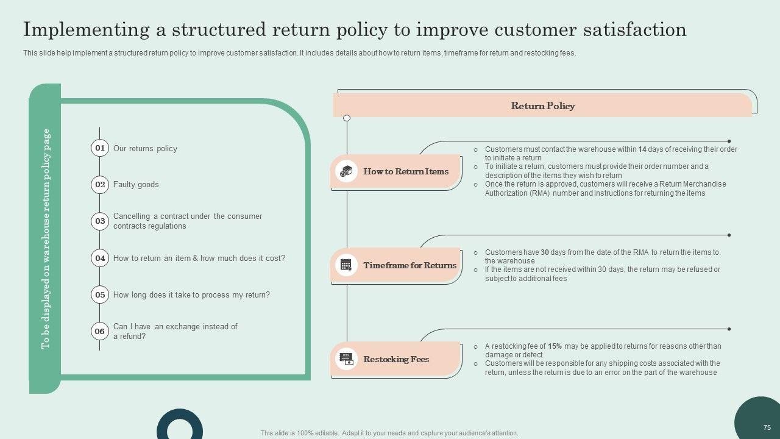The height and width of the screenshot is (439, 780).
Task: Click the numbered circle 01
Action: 100,148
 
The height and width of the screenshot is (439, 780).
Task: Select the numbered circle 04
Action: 100,258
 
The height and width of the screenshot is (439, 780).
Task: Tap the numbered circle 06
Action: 100,331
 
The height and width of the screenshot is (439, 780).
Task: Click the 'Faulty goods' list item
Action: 136,185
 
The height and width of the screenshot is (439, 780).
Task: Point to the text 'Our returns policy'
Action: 145,148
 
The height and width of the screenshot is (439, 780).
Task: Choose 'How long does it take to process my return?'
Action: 191,295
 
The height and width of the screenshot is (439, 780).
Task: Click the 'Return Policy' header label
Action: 542,106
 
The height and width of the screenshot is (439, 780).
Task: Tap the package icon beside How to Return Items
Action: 346,171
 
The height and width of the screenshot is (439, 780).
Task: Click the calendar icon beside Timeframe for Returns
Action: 346,265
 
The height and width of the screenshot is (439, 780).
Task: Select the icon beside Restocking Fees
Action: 346,359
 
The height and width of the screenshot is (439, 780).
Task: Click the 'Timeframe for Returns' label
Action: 409,265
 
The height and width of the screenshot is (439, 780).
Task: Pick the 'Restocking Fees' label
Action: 396,359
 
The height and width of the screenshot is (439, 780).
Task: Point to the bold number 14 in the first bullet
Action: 642,149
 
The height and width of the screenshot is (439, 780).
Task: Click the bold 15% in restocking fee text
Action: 555,346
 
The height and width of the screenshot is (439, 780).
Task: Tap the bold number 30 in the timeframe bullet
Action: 545,252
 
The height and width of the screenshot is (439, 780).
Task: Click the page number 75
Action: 767,428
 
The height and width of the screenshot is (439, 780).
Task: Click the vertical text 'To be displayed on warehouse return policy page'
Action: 46,239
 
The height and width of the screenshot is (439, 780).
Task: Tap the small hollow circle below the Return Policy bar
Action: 347,118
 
